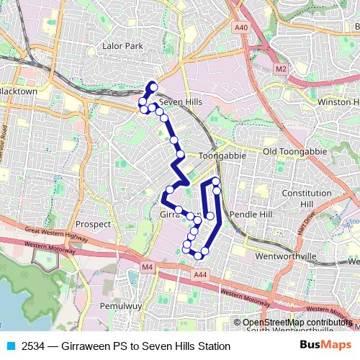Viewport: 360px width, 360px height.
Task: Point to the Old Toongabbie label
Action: (x=289, y=152)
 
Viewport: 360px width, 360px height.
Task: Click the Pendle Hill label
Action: (x=251, y=215)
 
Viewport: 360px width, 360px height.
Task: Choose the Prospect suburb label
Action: (x=93, y=224)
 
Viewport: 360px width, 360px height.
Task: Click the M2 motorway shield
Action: (x=281, y=68)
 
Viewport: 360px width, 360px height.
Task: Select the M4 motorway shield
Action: (x=148, y=268)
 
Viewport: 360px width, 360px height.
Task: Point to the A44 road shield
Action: (x=200, y=274)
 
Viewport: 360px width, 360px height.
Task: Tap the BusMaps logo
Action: (x=325, y=346)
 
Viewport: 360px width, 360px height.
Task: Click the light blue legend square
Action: (x=10, y=346)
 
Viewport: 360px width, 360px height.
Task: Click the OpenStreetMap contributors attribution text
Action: (x=297, y=323)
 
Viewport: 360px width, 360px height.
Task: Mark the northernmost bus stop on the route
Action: (x=153, y=87)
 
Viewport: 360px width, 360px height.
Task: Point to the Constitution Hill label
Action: (x=306, y=199)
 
